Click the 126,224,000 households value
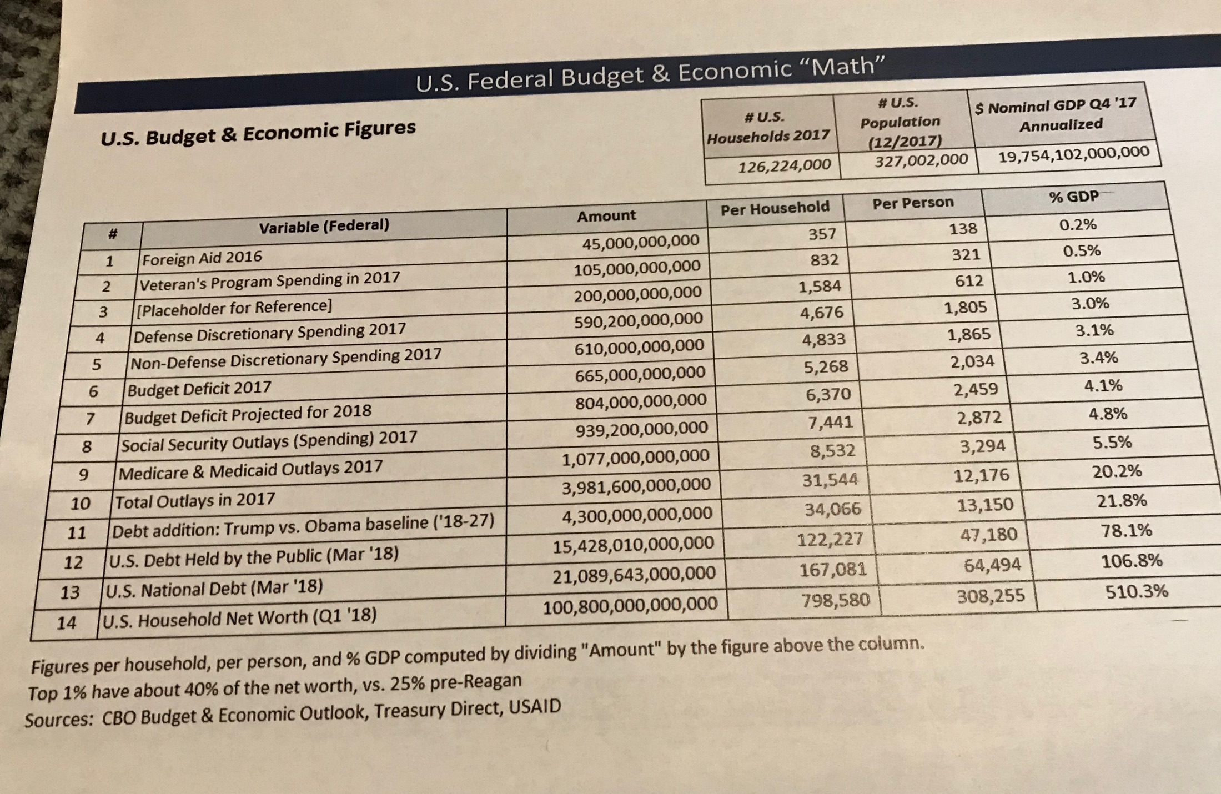784,165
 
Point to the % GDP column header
1074,197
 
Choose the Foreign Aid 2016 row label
202,258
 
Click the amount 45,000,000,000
640,242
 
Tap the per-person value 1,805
966,308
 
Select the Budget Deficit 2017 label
199,388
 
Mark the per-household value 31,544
830,480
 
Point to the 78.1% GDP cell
1126,531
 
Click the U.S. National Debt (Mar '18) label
214,587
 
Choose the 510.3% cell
1137,591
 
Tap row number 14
66,623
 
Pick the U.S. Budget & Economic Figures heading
258,133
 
